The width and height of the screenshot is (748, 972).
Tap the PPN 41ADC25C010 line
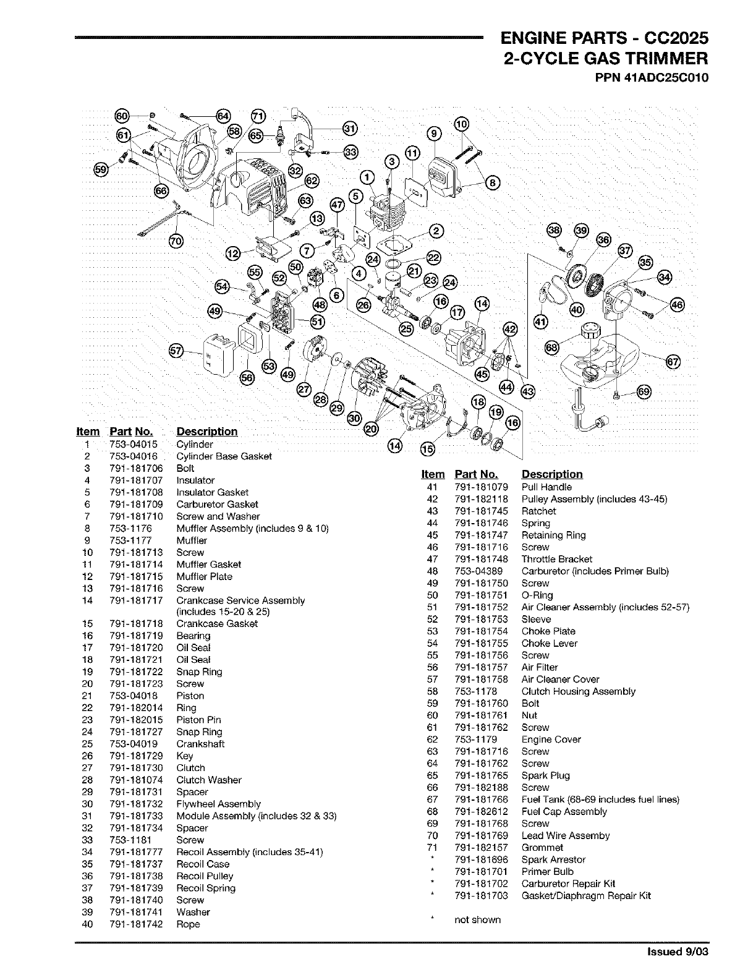coord(652,79)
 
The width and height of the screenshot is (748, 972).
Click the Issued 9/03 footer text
coord(677,952)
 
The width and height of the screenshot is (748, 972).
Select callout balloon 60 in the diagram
coord(122,116)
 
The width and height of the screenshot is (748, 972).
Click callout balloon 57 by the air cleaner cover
coord(177,351)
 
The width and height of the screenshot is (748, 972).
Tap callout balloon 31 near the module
coord(350,128)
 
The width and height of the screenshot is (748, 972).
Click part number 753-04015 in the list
coord(134,444)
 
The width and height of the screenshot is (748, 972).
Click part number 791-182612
coord(481,811)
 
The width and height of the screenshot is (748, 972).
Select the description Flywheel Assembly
coord(218,804)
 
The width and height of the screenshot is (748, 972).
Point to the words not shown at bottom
coord(477,919)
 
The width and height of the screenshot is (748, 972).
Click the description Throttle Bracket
coord(556,559)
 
